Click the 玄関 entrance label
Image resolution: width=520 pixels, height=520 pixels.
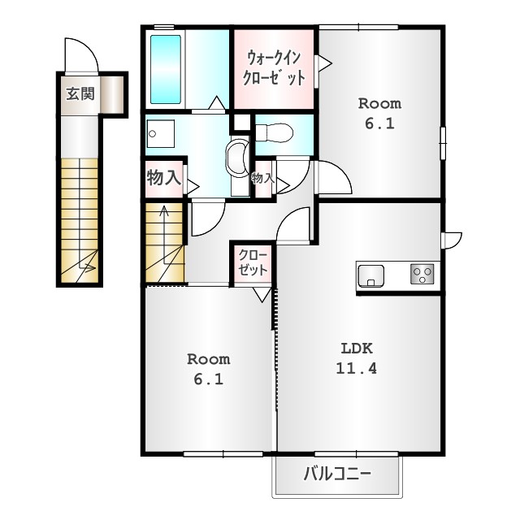80,94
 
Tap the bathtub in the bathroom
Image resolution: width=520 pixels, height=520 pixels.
166,69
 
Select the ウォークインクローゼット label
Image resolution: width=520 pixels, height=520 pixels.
274,67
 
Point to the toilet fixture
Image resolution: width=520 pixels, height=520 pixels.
275,133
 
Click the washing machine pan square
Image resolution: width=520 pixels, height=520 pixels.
161,133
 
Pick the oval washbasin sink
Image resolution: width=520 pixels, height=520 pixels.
237,157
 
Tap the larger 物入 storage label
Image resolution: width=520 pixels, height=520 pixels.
164,177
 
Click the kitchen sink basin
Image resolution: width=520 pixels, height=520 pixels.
371,276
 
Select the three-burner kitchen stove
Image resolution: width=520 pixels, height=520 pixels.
422,274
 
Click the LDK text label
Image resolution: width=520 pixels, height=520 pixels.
357,349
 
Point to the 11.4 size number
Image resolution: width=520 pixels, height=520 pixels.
357,368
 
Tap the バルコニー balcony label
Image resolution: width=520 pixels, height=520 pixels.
337,474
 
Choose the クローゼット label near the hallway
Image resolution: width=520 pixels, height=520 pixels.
253,262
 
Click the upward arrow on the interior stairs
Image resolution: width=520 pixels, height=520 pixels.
164,235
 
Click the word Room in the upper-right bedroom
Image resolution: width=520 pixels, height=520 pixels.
379,104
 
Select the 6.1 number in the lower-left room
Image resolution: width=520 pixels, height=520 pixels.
209,379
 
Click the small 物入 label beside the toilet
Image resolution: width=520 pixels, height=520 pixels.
263,178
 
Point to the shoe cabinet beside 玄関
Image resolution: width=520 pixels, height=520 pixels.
112,95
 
